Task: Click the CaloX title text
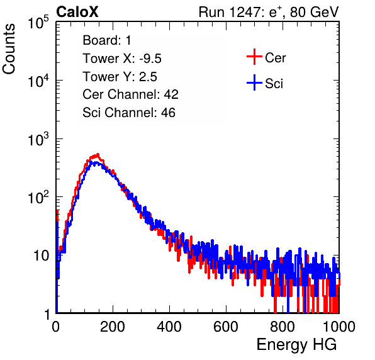[77, 12]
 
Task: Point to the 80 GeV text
[315, 12]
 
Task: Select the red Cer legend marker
[254, 57]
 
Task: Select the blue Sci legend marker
[254, 82]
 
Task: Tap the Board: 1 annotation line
[107, 40]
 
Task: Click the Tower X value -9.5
[150, 59]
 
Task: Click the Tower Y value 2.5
[148, 77]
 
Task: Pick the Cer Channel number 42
[171, 94]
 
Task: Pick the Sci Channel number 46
[168, 113]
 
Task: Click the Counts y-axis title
[9, 49]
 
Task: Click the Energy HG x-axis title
[296, 345]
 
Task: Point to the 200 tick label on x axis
[113, 327]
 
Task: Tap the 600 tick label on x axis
[226, 327]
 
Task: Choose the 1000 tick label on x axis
[339, 327]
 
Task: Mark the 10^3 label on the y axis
[38, 139]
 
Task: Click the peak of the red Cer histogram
[98, 155]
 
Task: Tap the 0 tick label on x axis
[56, 327]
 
